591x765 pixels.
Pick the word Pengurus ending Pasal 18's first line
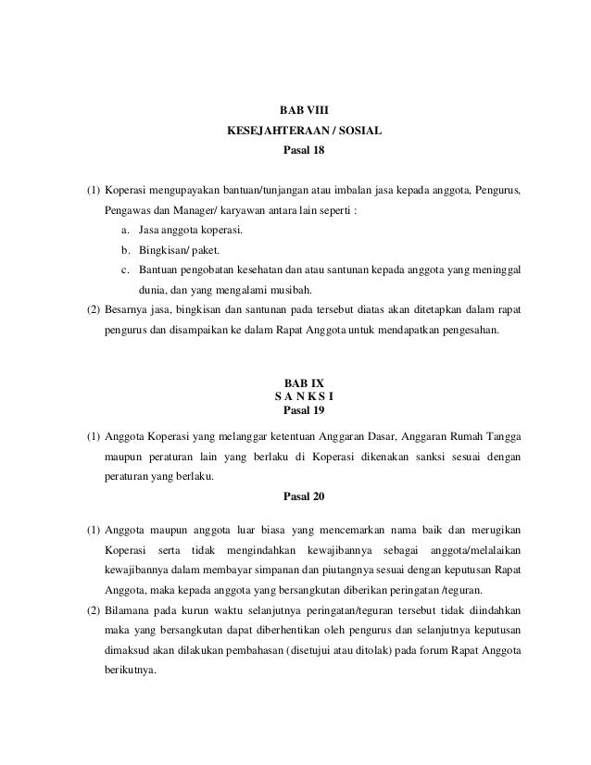click(x=497, y=191)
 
